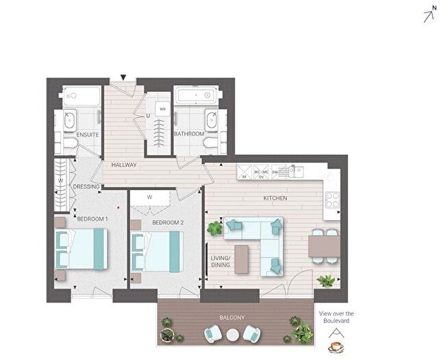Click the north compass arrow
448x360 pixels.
[x=430, y=14]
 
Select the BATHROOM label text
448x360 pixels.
[x=188, y=134]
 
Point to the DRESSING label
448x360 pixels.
[x=87, y=186]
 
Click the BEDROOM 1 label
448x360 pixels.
[x=92, y=219]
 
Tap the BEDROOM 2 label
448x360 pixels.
[x=168, y=223]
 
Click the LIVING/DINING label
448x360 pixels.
[x=219, y=261]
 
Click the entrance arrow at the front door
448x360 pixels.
[x=123, y=77]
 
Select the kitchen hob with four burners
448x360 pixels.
[x=332, y=200]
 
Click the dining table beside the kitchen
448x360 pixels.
[x=323, y=246]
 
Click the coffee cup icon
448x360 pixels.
[x=336, y=347]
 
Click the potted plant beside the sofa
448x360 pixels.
[x=215, y=228]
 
